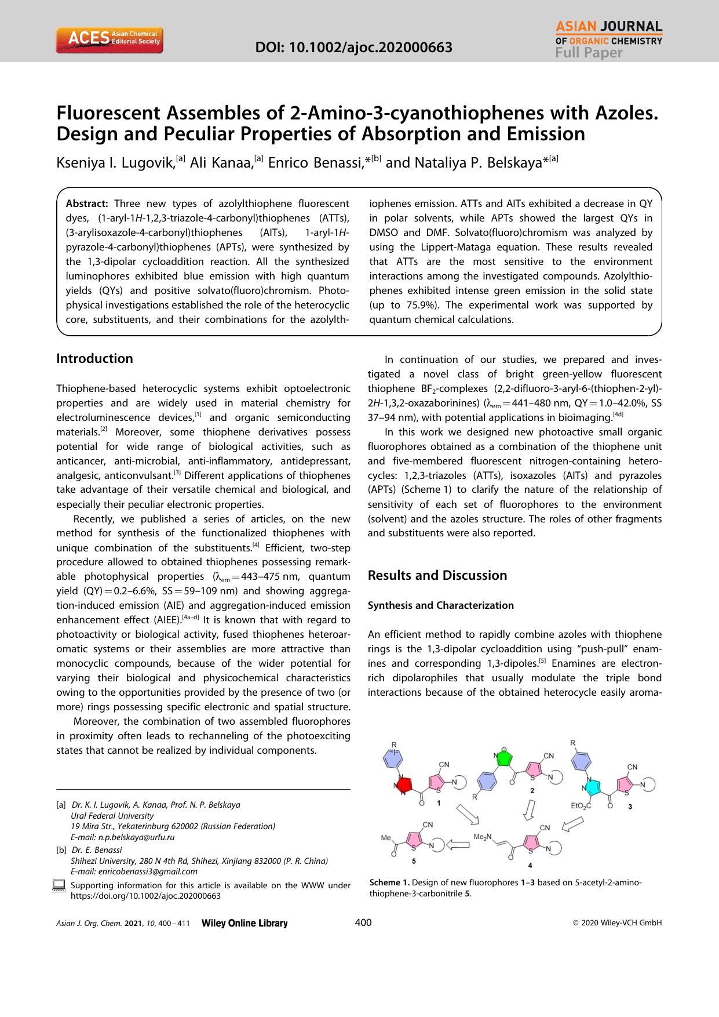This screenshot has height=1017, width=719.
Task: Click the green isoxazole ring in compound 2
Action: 505,758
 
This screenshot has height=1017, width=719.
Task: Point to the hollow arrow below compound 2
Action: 529,809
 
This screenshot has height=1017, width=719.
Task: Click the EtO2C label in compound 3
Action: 581,806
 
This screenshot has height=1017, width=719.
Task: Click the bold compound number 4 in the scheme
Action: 530,865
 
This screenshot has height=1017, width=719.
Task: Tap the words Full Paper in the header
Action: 589,53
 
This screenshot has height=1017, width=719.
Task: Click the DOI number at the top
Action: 354,47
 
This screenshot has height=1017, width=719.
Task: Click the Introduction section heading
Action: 94,358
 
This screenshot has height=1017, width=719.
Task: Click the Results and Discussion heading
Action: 437,575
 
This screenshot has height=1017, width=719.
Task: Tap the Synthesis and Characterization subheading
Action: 440,605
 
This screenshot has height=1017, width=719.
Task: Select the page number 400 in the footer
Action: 363,923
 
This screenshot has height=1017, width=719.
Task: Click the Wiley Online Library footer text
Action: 244,923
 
